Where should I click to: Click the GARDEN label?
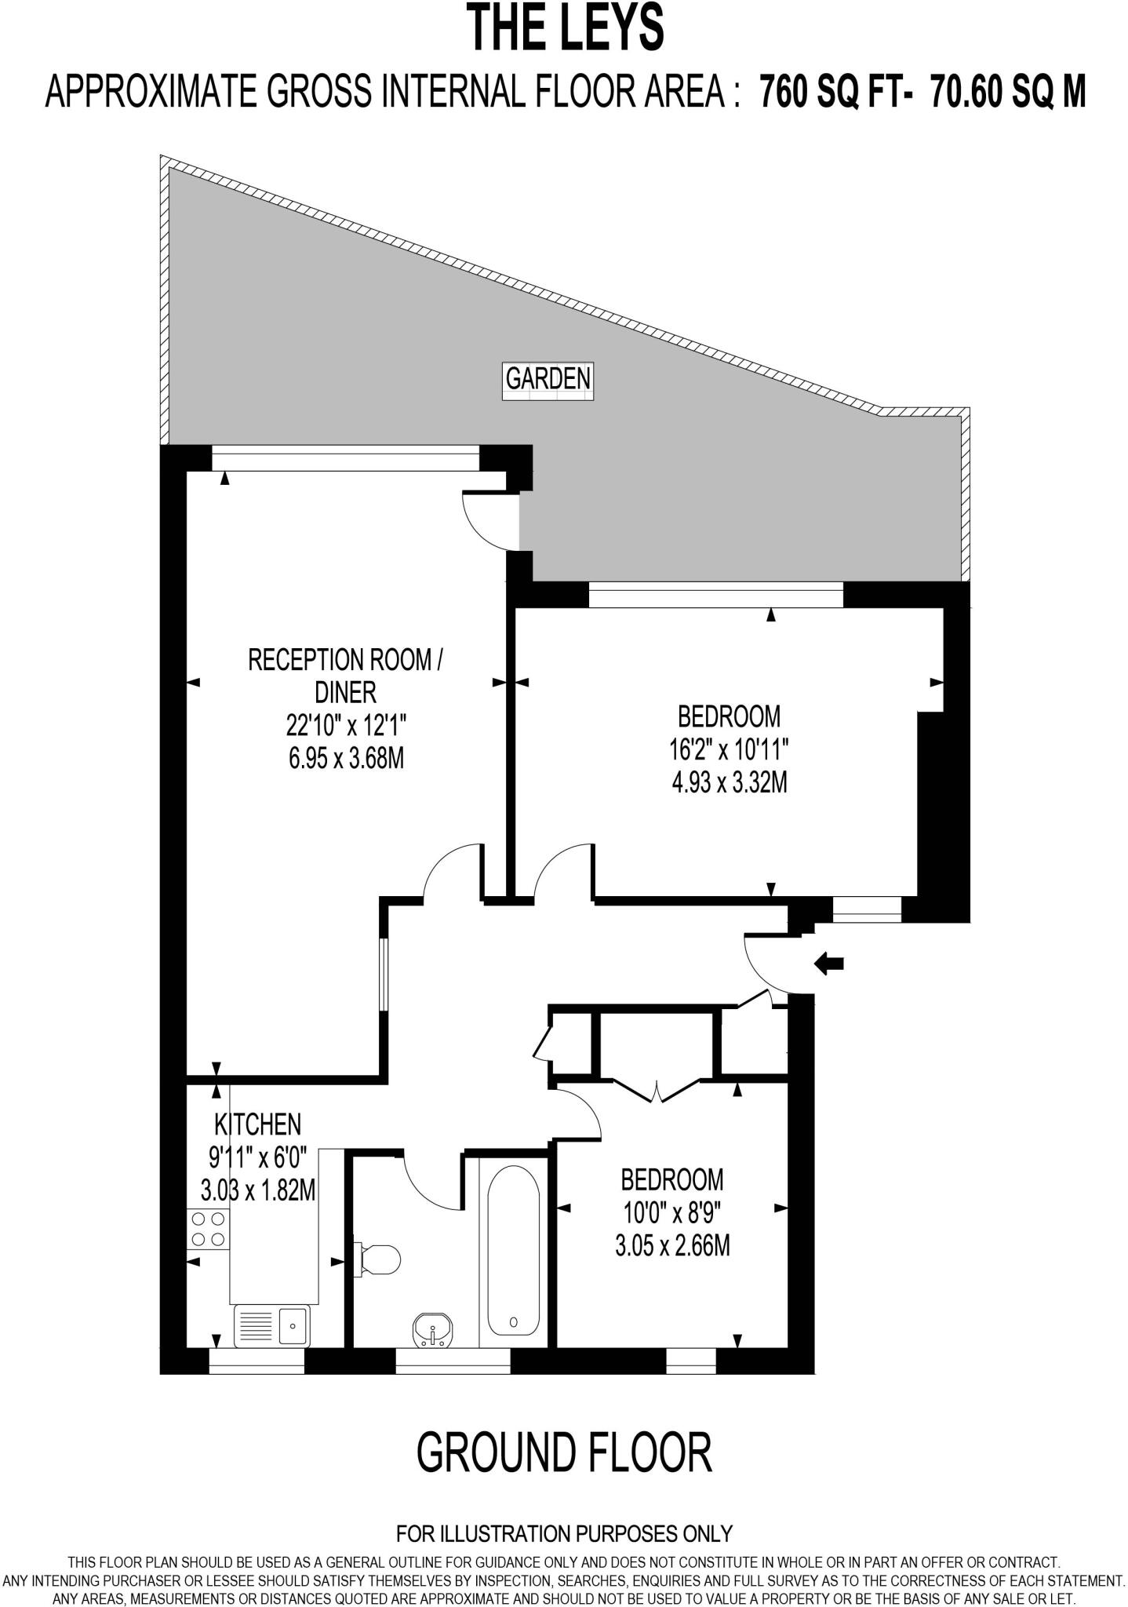pos(548,379)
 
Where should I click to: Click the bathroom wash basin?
pos(432,1329)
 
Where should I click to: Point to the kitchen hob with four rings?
pos(208,1230)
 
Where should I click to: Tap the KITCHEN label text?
pos(257,1124)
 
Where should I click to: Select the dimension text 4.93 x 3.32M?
pos(729,782)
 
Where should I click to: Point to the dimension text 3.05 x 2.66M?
pos(672,1246)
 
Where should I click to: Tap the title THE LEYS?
pos(565,28)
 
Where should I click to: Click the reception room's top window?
pos(345,458)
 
